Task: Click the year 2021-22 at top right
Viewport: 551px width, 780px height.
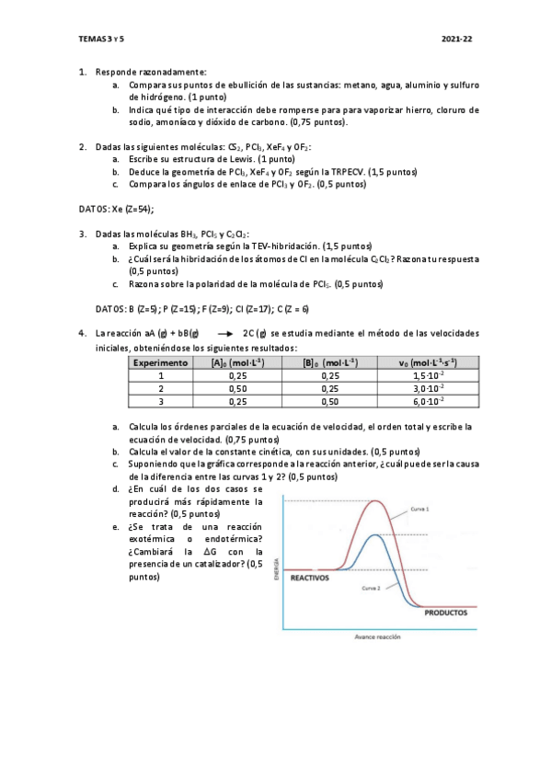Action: (456, 40)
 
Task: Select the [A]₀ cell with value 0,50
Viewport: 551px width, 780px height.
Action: (237, 388)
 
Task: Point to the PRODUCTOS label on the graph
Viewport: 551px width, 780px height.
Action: (445, 612)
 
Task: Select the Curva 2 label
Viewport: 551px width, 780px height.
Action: (371, 587)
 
